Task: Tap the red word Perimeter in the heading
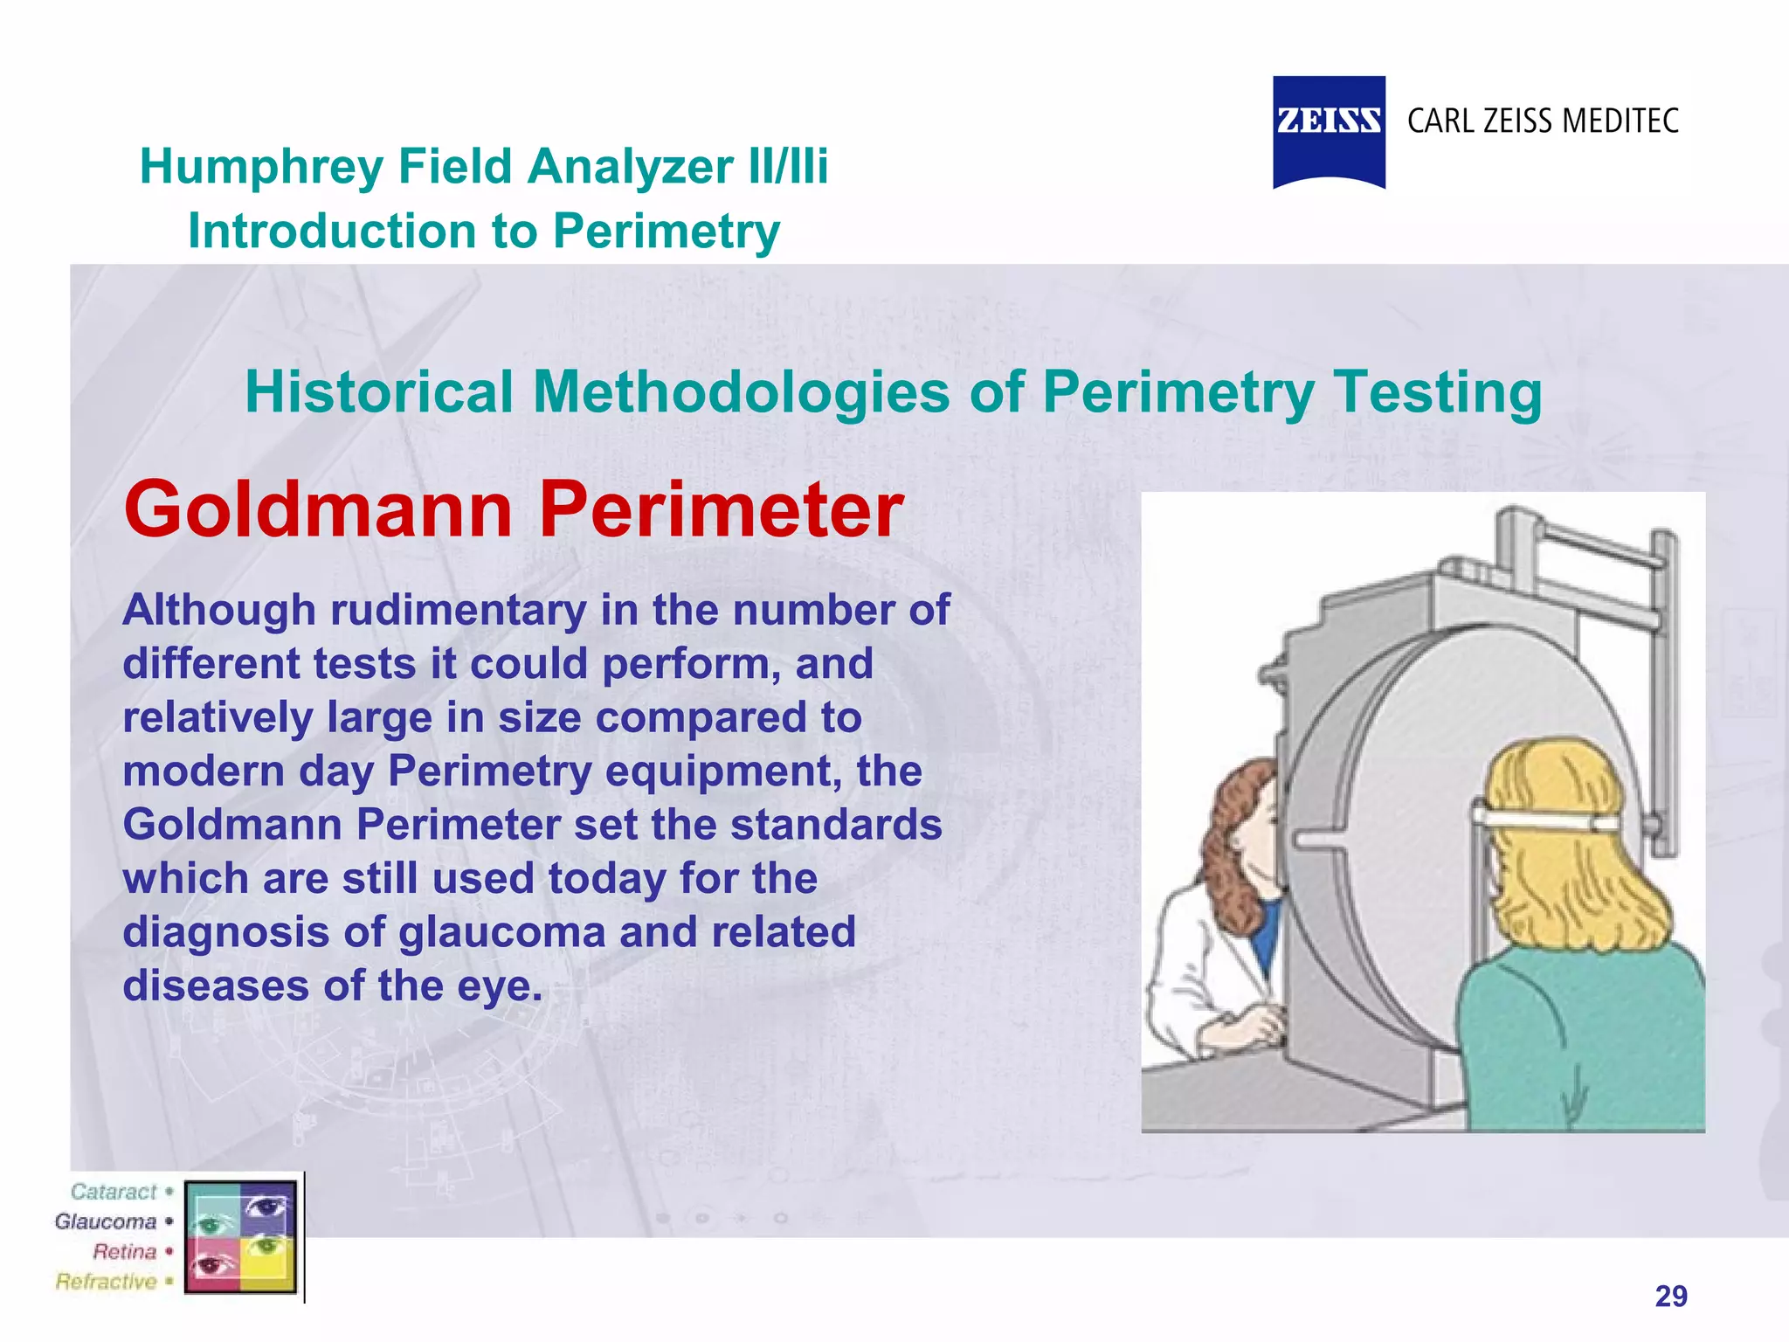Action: (721, 509)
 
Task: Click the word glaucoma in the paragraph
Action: (501, 932)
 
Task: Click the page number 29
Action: (1671, 1296)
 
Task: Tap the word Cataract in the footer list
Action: (114, 1192)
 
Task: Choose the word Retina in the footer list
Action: (124, 1252)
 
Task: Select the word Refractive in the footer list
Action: (106, 1282)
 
